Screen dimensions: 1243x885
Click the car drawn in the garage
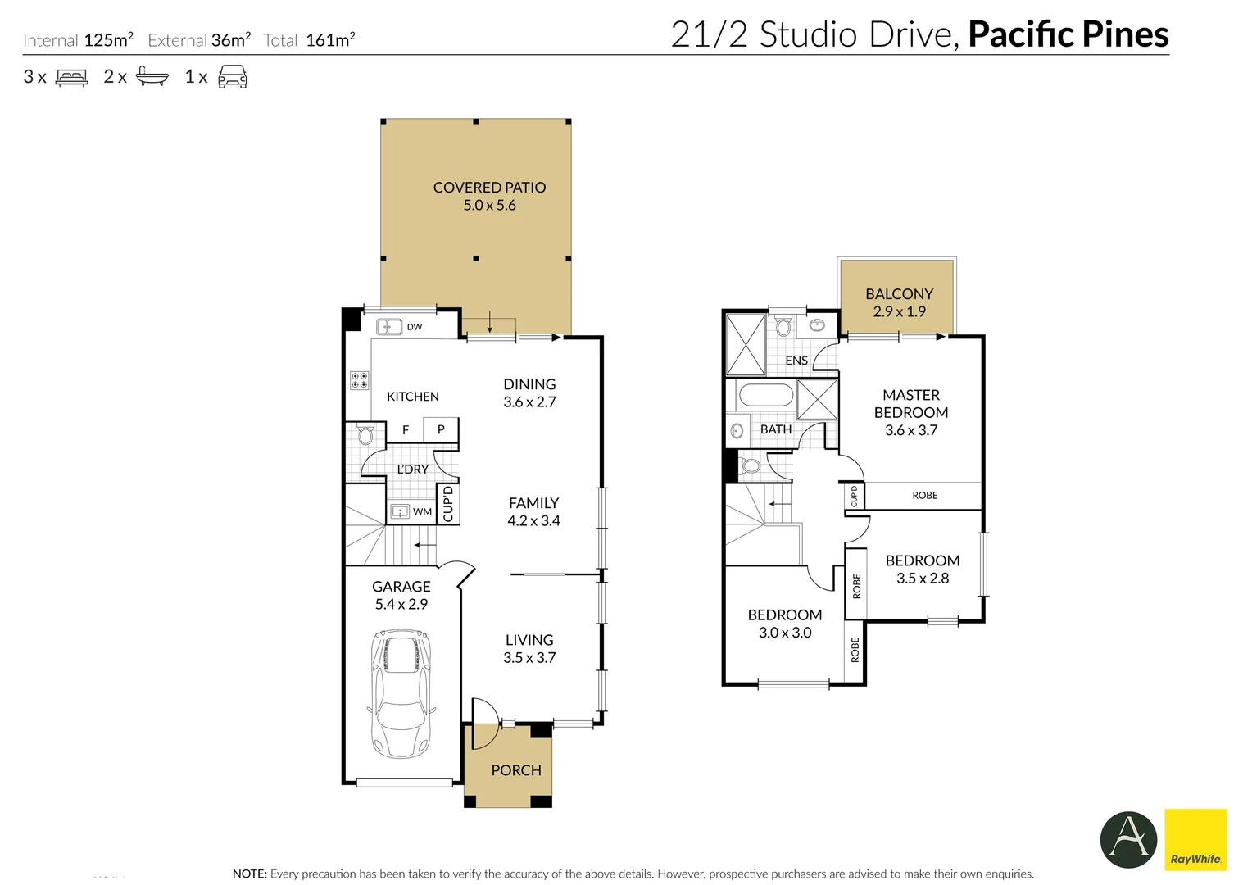(x=401, y=693)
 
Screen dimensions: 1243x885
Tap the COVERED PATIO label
(x=489, y=188)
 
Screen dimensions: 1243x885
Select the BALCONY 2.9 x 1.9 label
(x=899, y=302)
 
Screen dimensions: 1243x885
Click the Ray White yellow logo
(x=1195, y=839)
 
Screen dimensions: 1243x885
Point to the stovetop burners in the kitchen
(x=360, y=380)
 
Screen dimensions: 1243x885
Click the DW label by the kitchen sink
(x=415, y=327)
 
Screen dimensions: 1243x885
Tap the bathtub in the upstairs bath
(x=766, y=396)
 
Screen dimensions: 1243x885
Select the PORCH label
(x=516, y=770)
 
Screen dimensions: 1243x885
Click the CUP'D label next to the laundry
(x=448, y=504)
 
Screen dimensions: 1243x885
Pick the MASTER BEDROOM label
(x=911, y=403)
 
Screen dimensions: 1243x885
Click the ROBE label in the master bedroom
(x=925, y=495)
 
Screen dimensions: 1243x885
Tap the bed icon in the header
(x=71, y=77)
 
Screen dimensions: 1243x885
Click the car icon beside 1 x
(x=233, y=76)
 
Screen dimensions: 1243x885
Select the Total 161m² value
(x=330, y=40)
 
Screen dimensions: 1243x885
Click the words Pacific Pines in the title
(x=1068, y=34)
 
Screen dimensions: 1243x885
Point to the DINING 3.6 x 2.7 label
(x=529, y=393)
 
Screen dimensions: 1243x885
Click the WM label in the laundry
(x=422, y=511)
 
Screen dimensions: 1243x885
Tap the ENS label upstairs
(x=796, y=360)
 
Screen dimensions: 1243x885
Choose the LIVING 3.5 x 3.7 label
(x=529, y=649)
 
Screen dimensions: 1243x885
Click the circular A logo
(x=1128, y=839)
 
